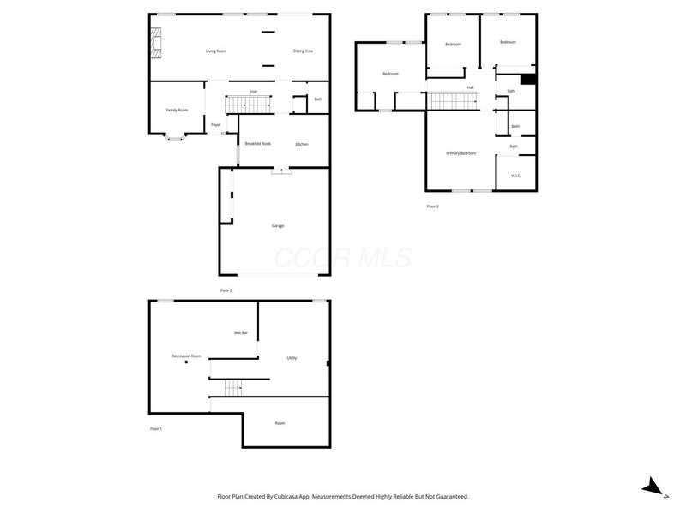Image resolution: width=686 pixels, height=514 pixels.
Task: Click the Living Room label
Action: [x=216, y=51]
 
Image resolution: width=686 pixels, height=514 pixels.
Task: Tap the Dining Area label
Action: [x=303, y=51]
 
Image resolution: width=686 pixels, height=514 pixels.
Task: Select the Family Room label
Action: [x=177, y=110]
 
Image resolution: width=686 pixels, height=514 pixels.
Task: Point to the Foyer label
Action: [x=216, y=125]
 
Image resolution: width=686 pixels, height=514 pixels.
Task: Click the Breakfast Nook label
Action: [x=258, y=143]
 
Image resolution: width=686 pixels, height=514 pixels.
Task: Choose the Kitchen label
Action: [x=302, y=144]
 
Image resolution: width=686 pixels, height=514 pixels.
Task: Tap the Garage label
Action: [x=278, y=225]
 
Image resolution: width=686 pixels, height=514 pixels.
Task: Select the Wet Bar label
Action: [x=241, y=332]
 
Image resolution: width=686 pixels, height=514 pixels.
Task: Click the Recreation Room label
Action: [x=186, y=356]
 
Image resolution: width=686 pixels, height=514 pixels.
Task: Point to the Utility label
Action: [x=292, y=357]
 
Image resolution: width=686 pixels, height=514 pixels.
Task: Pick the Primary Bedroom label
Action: [x=460, y=153]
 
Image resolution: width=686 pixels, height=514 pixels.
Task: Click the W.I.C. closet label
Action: [x=516, y=176]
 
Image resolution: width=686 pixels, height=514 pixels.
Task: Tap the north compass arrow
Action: [x=653, y=487]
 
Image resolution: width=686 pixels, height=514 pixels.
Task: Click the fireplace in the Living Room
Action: [x=155, y=43]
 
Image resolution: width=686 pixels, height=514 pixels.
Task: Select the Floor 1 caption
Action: [x=155, y=427]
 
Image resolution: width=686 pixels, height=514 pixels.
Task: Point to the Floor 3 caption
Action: [x=432, y=206]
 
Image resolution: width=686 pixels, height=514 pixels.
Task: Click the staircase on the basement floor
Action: [x=235, y=388]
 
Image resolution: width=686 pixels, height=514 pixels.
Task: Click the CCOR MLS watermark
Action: [x=342, y=258]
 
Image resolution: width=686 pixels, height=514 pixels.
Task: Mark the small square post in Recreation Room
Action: [x=186, y=362]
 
